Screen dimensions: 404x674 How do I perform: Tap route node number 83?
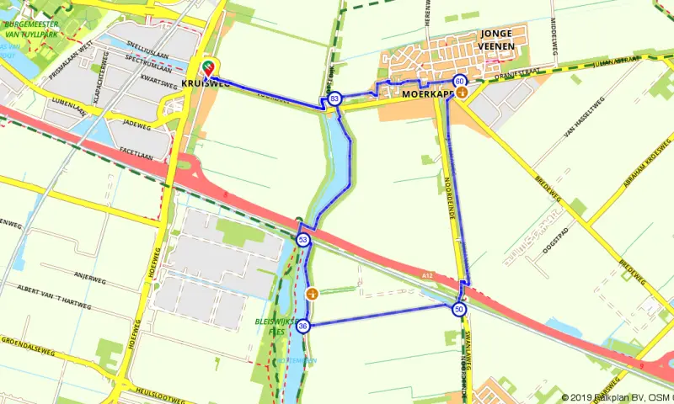point(335,98)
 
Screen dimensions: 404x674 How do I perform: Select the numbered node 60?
point(459,82)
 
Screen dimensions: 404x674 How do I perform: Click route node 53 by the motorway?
point(302,241)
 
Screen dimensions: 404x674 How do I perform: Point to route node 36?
point(302,326)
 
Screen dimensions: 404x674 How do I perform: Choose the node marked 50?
point(458,310)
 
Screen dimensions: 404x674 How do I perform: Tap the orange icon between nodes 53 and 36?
point(313,294)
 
